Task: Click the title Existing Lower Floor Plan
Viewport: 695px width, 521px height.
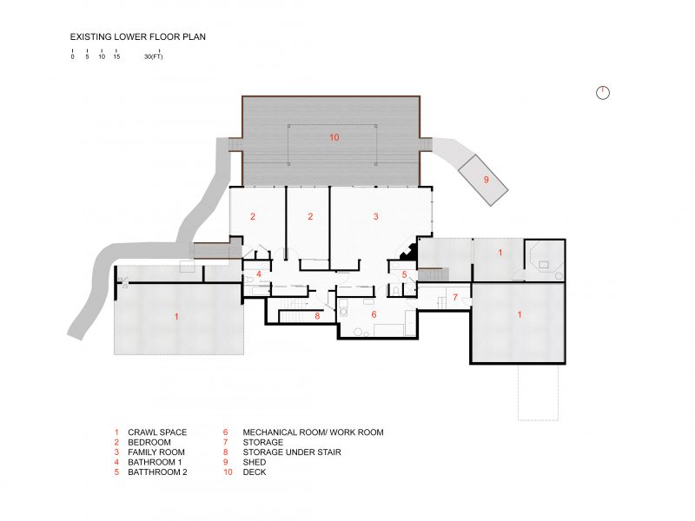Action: click(x=138, y=36)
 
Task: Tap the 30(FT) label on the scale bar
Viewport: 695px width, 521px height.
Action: click(x=154, y=56)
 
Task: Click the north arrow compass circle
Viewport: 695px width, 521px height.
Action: click(x=603, y=93)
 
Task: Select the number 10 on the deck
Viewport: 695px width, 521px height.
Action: click(x=334, y=137)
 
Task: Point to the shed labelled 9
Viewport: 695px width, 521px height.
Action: click(x=484, y=180)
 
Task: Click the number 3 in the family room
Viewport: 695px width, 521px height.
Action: click(x=376, y=216)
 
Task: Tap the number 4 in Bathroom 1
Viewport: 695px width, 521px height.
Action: click(x=259, y=274)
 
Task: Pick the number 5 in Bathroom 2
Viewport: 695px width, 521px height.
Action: click(x=404, y=275)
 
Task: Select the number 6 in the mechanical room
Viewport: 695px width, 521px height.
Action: click(x=374, y=314)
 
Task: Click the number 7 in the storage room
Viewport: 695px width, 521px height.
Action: click(x=455, y=297)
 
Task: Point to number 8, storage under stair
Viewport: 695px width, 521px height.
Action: click(x=317, y=316)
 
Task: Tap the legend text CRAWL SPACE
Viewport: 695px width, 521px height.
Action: click(x=157, y=432)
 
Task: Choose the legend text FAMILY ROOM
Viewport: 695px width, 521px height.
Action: click(x=156, y=452)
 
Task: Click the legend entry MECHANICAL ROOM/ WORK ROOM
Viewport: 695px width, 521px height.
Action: click(x=313, y=432)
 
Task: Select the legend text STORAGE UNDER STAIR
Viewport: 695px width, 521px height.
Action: click(x=292, y=452)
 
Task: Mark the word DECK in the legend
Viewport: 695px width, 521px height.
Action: click(x=255, y=472)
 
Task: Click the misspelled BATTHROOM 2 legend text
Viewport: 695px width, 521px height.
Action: click(x=157, y=472)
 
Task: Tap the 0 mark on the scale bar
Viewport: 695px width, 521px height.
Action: click(x=72, y=57)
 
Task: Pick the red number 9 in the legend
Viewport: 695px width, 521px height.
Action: click(x=226, y=463)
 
